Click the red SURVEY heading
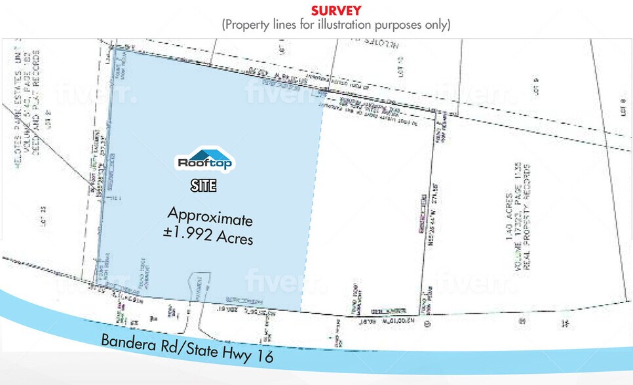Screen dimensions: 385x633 coord(336,10)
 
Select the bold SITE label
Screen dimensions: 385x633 coord(202,185)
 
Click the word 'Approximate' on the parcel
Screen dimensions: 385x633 coord(210,216)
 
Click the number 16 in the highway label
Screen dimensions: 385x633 coord(264,356)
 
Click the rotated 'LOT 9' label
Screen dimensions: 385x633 coord(535,86)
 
